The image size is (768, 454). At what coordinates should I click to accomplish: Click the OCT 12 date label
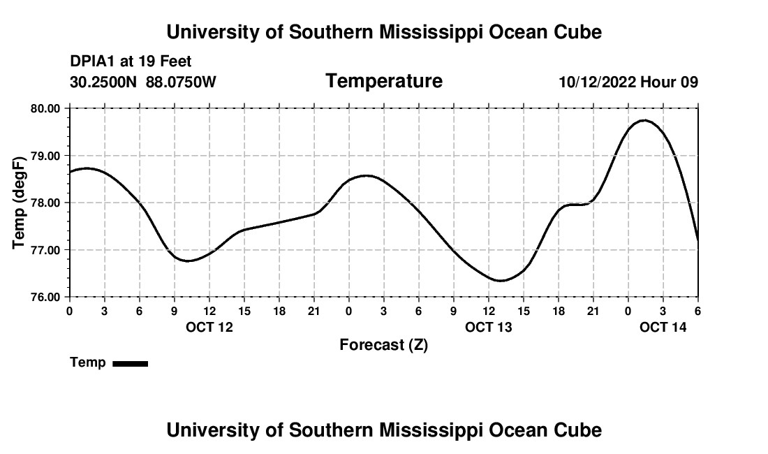click(209, 327)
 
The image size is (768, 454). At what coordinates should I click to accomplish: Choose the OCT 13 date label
click(489, 327)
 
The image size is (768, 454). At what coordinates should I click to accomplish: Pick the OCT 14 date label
click(663, 327)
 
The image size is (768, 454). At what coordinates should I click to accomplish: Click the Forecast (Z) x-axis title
click(383, 345)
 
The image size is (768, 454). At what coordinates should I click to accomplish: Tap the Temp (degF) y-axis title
click(20, 203)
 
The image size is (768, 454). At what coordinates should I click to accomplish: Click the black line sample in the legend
click(130, 363)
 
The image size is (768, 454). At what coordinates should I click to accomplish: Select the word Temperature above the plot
click(384, 82)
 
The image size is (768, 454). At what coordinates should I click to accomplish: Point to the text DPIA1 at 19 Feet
click(131, 62)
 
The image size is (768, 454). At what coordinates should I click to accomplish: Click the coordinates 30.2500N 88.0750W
click(143, 82)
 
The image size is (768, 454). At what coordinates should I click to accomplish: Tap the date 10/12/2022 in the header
click(597, 82)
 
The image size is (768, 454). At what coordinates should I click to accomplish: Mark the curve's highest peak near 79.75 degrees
click(644, 120)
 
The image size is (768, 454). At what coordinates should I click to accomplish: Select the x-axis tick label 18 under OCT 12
click(279, 311)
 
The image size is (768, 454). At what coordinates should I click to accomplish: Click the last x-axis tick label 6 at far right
click(697, 311)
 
